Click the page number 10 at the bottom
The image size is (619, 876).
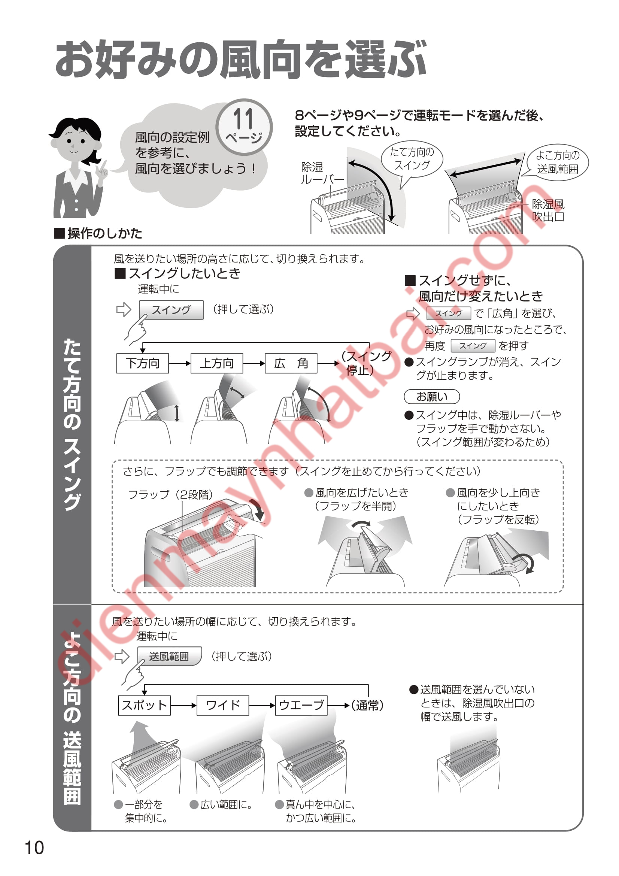click(34, 848)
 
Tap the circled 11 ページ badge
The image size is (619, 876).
click(244, 127)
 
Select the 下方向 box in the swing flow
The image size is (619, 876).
click(143, 363)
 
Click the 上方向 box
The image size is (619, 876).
click(216, 363)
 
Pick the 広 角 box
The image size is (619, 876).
click(291, 363)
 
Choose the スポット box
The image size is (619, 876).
click(145, 705)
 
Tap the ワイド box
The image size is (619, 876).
click(223, 705)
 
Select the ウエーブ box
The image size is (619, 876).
click(301, 705)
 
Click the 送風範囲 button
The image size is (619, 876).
click(169, 656)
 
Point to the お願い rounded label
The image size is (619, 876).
click(432, 396)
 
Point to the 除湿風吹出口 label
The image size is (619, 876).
click(548, 210)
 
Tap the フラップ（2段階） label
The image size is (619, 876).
click(170, 494)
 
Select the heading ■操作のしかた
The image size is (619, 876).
click(98, 233)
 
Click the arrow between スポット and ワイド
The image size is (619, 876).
click(183, 706)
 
